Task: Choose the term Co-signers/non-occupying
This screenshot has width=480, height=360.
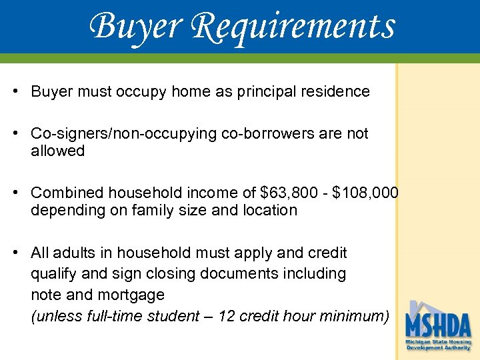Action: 114,133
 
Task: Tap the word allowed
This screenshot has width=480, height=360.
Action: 57,151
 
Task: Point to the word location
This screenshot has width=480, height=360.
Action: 269,210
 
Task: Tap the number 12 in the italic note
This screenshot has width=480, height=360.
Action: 226,316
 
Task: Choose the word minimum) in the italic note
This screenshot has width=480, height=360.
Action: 359,316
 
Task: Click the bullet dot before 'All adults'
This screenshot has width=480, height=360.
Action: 14,253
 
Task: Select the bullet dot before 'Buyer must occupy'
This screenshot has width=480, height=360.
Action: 14,91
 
